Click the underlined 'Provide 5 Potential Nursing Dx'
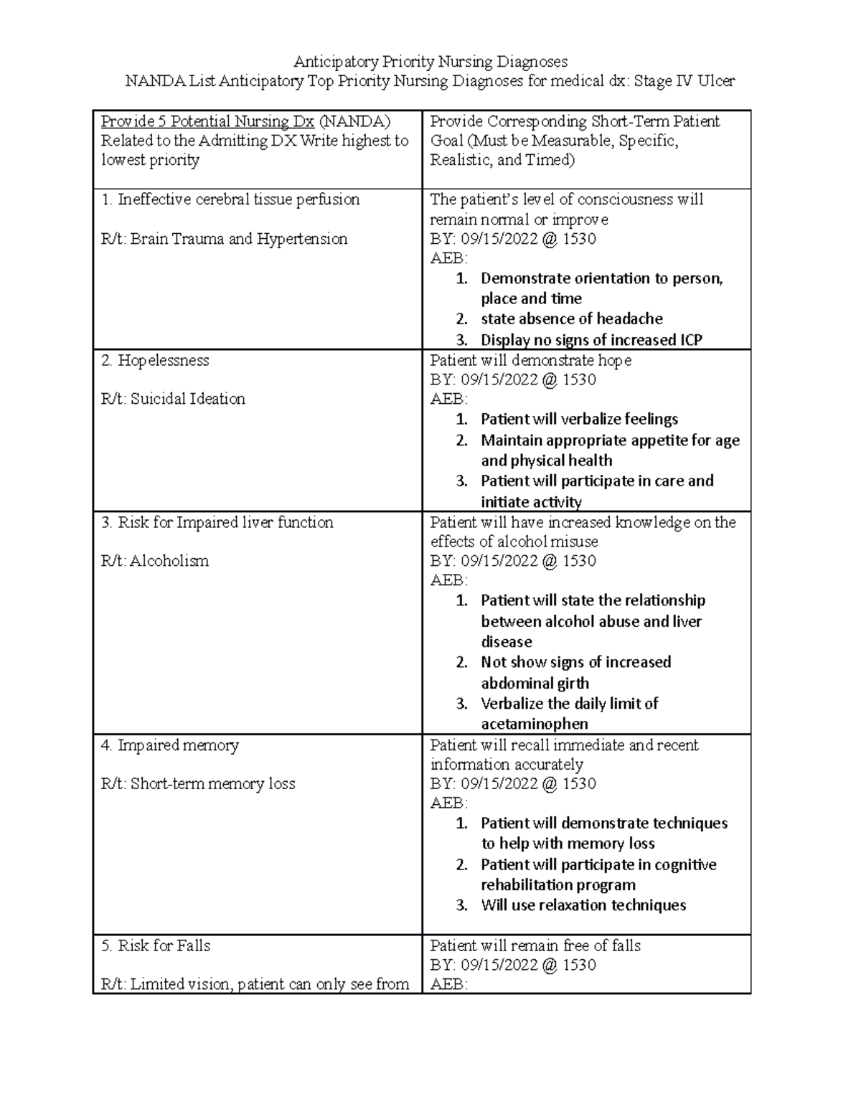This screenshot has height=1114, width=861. pyautogui.click(x=207, y=121)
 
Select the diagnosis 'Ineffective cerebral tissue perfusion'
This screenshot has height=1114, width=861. pyautogui.click(x=238, y=199)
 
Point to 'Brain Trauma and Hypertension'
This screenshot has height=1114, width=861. pyautogui.click(x=238, y=239)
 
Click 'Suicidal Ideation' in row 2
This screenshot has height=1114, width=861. pyautogui.click(x=187, y=399)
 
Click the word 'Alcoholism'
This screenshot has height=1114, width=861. pyautogui.click(x=169, y=561)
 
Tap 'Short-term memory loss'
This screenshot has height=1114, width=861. pyautogui.click(x=212, y=784)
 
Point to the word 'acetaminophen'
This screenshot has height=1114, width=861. pyautogui.click(x=535, y=724)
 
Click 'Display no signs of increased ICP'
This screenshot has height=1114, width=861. pyautogui.click(x=591, y=340)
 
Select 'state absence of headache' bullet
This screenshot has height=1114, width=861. pyautogui.click(x=571, y=318)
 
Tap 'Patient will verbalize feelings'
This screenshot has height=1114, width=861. pyautogui.click(x=579, y=419)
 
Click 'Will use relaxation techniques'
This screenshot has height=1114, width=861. pyautogui.click(x=583, y=905)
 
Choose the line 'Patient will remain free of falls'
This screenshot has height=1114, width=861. pyautogui.click(x=535, y=945)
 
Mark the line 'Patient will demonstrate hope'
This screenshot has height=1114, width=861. pyautogui.click(x=530, y=360)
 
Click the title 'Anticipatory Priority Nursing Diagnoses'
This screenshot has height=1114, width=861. pyautogui.click(x=430, y=62)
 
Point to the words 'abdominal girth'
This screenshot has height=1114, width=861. pyautogui.click(x=535, y=683)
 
